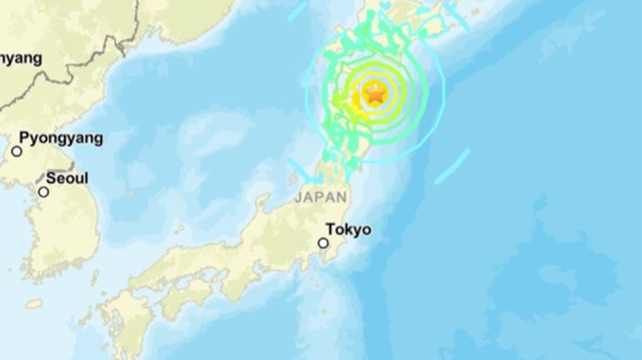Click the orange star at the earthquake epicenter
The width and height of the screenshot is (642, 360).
pyautogui.click(x=375, y=94)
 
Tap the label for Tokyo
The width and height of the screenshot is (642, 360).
pyautogui.click(x=348, y=229)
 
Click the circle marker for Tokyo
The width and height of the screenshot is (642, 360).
pyautogui.click(x=323, y=243)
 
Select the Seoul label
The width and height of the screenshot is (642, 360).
pyautogui.click(x=66, y=178)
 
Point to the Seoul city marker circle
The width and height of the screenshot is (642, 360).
pyautogui.click(x=44, y=192)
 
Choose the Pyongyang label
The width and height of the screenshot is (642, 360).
pyautogui.click(x=60, y=138)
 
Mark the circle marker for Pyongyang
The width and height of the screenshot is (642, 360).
pyautogui.click(x=17, y=151)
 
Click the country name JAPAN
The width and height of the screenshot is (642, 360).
pyautogui.click(x=319, y=196)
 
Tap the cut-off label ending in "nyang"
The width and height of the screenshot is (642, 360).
pyautogui.click(x=21, y=58)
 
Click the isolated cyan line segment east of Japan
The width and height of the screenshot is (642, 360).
pyautogui.click(x=452, y=167)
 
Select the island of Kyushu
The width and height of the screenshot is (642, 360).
pyautogui.click(x=122, y=321)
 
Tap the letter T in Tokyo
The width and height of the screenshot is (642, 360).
pyautogui.click(x=330, y=229)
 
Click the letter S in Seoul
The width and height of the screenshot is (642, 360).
pyautogui.click(x=50, y=178)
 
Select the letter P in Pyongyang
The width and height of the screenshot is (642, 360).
pyautogui.click(x=24, y=138)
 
